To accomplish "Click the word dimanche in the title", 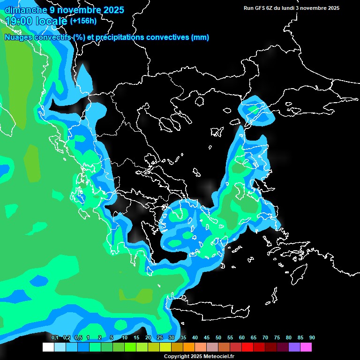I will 26,10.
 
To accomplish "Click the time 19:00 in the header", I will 19,21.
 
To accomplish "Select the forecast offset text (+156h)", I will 83,21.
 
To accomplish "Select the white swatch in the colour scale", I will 48,347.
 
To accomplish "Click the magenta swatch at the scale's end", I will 306,347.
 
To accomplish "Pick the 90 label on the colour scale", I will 312,338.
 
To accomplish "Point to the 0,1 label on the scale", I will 54,338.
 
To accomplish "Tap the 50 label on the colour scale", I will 218,338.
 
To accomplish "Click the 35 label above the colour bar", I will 183,338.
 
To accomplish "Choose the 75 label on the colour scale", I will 277,338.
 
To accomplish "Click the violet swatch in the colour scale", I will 294,347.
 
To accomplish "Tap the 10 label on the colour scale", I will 125,338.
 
